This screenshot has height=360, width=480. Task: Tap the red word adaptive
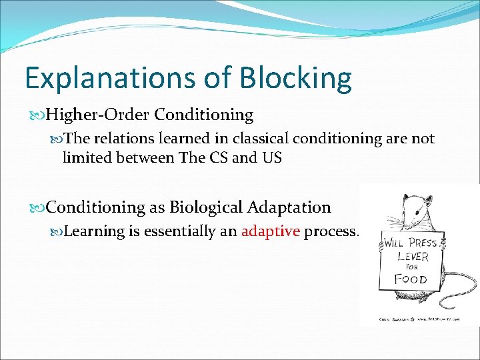(x=271, y=231)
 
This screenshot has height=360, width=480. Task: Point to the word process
(x=331, y=231)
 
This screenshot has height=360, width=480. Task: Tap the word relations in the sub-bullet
(x=116, y=139)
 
